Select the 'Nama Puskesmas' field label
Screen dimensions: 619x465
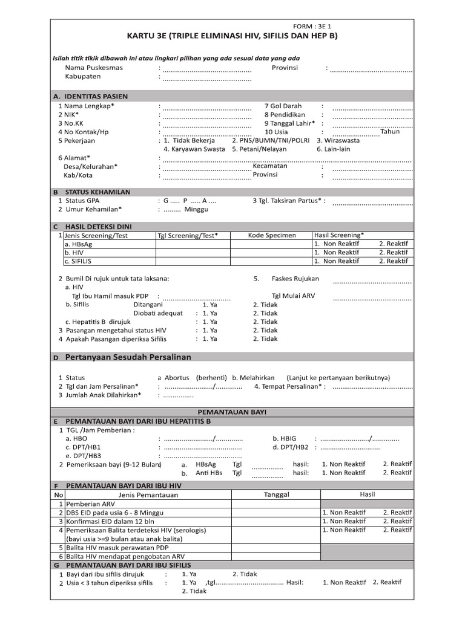[x=93, y=68]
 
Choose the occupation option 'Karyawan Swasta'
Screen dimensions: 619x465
[x=194, y=149]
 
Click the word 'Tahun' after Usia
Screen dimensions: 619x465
[x=390, y=131]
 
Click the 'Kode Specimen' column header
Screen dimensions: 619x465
[x=272, y=235]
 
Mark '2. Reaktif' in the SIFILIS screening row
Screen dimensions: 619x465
[x=394, y=261]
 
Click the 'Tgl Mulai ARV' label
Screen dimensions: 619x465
[x=293, y=296]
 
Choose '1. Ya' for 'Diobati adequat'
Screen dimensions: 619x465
[x=209, y=314]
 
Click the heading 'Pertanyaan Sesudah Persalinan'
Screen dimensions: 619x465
[x=128, y=357]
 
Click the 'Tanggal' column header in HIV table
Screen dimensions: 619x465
[x=277, y=494]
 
